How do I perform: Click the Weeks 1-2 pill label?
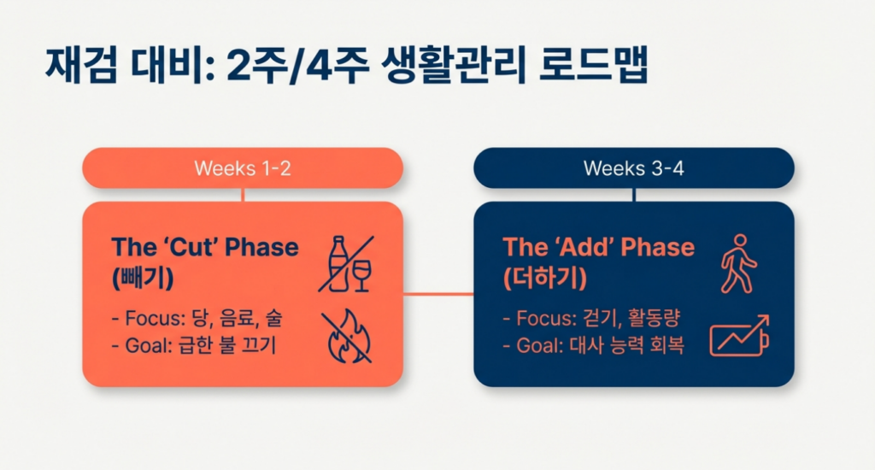[x=243, y=168]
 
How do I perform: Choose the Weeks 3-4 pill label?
[x=633, y=168]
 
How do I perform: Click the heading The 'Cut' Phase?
[x=205, y=248]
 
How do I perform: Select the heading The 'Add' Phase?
[x=598, y=248]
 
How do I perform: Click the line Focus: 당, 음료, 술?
[x=197, y=319]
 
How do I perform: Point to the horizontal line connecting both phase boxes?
[x=438, y=294]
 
